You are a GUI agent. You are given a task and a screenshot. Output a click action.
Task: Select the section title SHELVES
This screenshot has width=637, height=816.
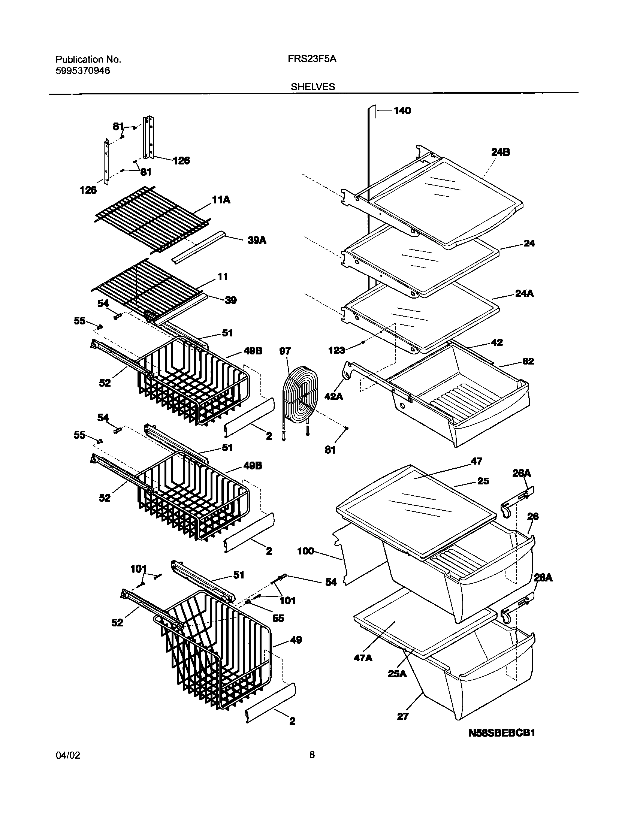tap(313, 87)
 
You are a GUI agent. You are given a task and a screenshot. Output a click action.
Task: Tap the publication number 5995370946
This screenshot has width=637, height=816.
tap(83, 70)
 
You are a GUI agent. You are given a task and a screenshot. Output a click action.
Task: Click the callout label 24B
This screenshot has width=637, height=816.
tap(500, 152)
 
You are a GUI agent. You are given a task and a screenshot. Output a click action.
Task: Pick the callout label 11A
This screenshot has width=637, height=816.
tap(221, 200)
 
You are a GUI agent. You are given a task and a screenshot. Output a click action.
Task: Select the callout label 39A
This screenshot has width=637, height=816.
tap(257, 241)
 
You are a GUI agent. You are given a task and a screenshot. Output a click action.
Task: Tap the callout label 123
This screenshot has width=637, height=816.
tap(336, 350)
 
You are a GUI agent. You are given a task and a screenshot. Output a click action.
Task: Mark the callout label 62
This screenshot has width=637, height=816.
tap(528, 362)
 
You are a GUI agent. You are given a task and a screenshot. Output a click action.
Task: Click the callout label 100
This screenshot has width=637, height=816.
tap(305, 551)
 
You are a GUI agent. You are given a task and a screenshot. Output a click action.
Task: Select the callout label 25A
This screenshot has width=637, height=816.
tap(397, 674)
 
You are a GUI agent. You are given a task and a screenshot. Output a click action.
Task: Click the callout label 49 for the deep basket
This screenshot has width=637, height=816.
tap(296, 640)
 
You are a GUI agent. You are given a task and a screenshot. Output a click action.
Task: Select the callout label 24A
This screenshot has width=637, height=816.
tap(524, 293)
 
